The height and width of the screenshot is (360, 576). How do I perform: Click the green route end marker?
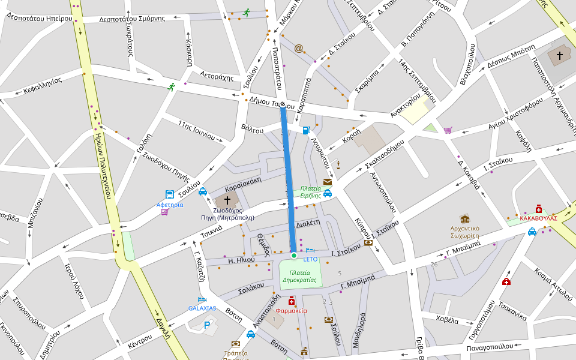point(294,256)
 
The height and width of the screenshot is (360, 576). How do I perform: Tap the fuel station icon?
point(307,130)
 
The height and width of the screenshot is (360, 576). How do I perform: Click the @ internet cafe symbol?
point(298,48)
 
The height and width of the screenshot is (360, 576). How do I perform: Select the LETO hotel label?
point(310,259)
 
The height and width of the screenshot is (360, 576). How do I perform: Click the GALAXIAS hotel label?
point(202,308)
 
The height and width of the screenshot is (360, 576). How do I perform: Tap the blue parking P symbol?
point(207,325)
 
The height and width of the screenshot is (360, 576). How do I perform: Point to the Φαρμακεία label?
point(292,311)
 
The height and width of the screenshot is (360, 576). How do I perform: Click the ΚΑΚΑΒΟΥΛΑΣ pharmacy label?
point(538,218)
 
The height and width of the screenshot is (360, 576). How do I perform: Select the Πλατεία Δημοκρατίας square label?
point(299,276)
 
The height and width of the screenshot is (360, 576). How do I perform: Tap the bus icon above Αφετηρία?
point(170,194)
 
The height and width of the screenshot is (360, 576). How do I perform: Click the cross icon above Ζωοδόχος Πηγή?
point(227,199)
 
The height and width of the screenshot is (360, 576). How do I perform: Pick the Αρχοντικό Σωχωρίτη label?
point(464,232)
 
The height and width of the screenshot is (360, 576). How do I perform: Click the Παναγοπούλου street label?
point(490,347)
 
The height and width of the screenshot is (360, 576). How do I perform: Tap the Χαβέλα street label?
point(447,320)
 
